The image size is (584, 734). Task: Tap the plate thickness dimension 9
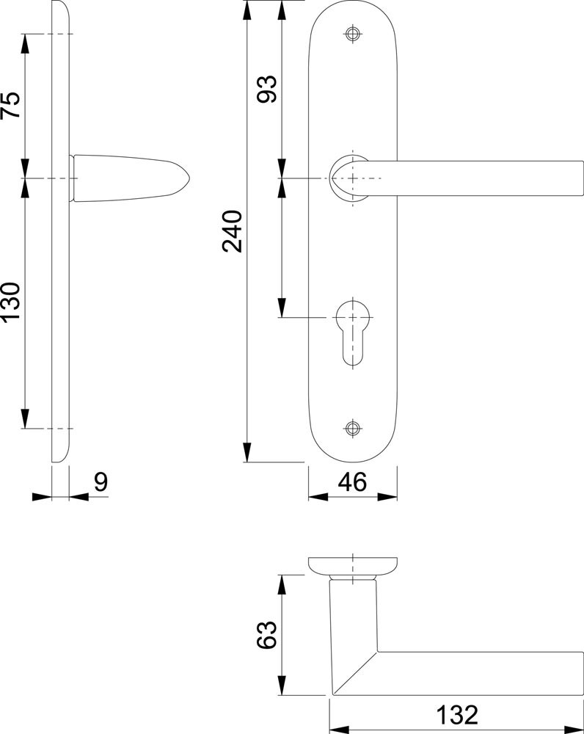click(x=101, y=482)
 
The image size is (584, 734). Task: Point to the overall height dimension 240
click(x=233, y=232)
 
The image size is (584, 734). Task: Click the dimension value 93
click(x=267, y=89)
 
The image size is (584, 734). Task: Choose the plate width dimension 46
click(x=353, y=482)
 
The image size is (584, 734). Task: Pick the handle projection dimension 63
click(x=267, y=635)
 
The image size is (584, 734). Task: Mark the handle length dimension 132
click(x=457, y=715)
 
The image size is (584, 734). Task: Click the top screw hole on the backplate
click(x=353, y=34)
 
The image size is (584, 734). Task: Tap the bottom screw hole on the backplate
click(x=353, y=428)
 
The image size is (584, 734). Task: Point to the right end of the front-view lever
click(x=583, y=178)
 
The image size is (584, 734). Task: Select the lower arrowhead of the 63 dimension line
click(x=282, y=686)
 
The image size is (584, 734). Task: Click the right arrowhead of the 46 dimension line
click(x=387, y=497)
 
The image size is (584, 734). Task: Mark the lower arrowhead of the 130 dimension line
click(x=25, y=418)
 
